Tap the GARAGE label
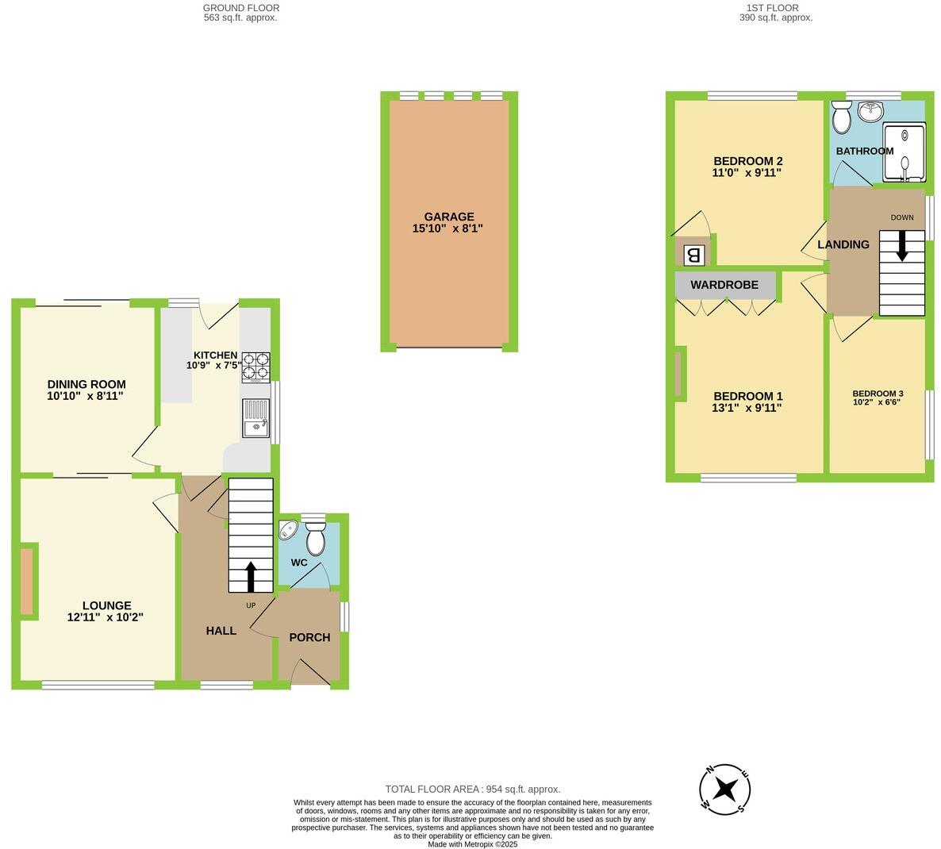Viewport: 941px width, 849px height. coord(448,217)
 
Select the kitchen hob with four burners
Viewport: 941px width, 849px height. coord(255,368)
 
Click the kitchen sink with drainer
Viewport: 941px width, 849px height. coord(256,419)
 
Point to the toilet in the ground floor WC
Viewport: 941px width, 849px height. coord(315,540)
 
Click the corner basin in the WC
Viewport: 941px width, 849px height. coord(287,530)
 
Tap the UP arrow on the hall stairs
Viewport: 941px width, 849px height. coord(251,577)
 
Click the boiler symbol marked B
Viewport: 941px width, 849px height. coord(693,255)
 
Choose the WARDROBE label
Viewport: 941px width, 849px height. coord(724,285)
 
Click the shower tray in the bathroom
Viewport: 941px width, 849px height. coord(904,152)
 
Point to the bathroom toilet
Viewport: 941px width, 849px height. coord(841,119)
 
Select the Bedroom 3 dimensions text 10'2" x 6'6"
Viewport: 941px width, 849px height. coord(878,401)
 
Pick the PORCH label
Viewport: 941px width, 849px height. coord(309,637)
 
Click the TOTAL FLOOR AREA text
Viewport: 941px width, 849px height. coord(472,789)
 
